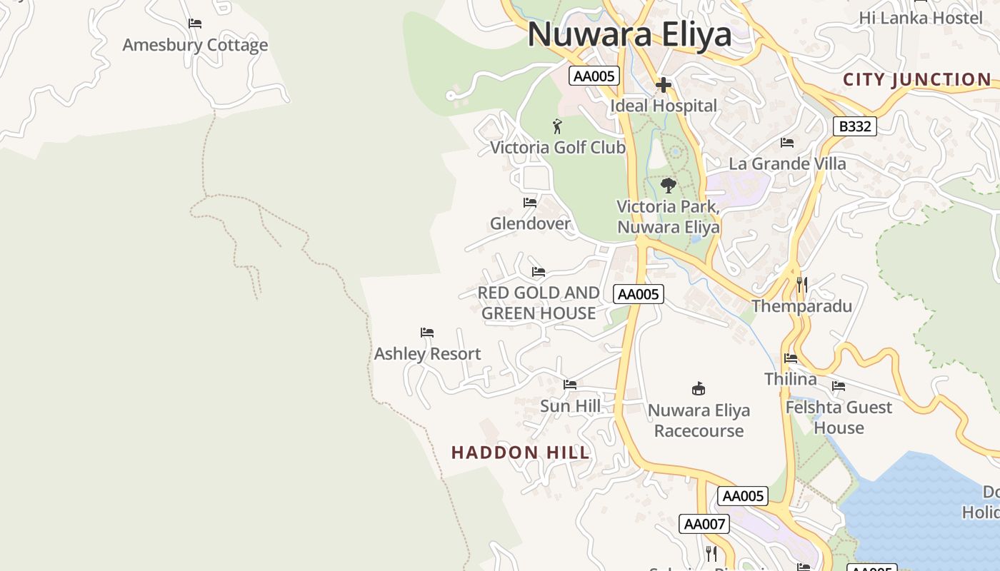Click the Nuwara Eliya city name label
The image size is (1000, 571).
point(629,34)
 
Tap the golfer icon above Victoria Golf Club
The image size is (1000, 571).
point(557,127)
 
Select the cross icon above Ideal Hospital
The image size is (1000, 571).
point(664,86)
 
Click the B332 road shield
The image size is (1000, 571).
point(854,126)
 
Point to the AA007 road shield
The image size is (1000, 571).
point(704,524)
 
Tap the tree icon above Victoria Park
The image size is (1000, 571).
point(668,186)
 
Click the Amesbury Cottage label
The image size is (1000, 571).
point(195,45)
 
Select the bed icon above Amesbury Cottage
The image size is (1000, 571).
point(195,24)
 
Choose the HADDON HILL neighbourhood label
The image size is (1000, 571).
point(521,453)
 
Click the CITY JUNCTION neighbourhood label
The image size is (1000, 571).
point(917,79)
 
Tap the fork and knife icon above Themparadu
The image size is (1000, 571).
point(802,285)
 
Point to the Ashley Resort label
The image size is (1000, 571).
point(427,353)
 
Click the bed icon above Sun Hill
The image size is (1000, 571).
point(569,385)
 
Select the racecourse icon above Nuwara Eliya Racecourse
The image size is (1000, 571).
point(699,389)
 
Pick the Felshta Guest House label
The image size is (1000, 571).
point(839,418)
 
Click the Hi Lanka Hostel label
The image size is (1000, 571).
point(921,18)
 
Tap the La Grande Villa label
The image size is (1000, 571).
point(787,163)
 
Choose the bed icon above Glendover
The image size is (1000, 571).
point(530,203)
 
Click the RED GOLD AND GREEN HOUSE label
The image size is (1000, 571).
point(539,303)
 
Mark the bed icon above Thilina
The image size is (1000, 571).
point(791,358)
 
